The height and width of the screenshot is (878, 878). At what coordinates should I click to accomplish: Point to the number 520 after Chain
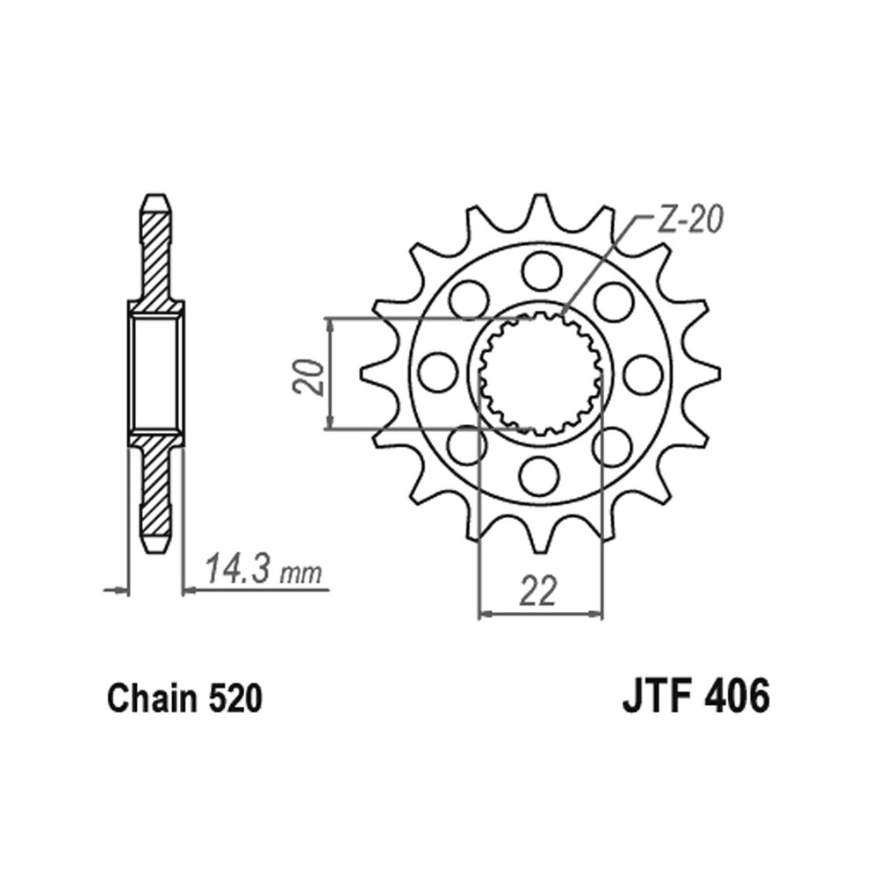pyautogui.click(x=235, y=698)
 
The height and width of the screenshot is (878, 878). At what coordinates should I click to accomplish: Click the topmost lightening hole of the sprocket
pyautogui.click(x=542, y=271)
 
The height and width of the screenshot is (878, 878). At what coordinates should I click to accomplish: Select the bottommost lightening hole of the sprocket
pyautogui.click(x=539, y=475)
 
